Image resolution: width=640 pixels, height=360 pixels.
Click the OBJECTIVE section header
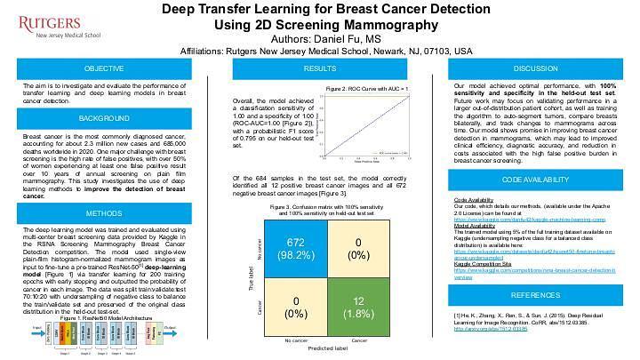pyautogui.click(x=104, y=68)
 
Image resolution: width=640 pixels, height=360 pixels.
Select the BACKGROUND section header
pyautogui.click(x=104, y=117)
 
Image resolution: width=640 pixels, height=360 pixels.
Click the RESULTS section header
pyautogui.click(x=319, y=68)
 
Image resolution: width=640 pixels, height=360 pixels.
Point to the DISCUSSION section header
pyautogui.click(x=535, y=68)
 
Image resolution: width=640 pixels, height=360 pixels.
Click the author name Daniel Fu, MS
pyautogui.click(x=319, y=40)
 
